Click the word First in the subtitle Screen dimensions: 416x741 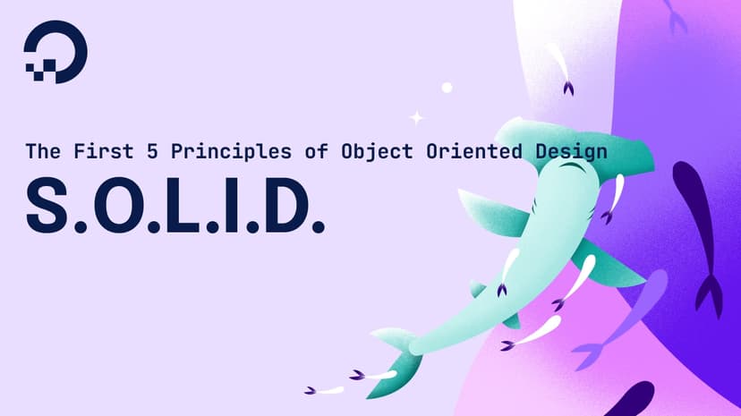[x=96, y=151]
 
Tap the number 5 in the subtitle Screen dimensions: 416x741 [x=141, y=151]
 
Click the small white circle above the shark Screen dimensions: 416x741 [x=447, y=88]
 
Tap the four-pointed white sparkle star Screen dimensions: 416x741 [x=416, y=116]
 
